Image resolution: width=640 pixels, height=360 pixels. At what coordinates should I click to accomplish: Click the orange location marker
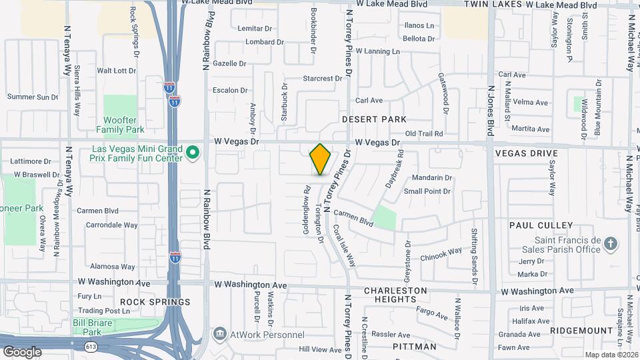pyautogui.click(x=320, y=159)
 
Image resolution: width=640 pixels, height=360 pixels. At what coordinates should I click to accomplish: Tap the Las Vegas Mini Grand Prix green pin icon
pyautogui.click(x=193, y=153)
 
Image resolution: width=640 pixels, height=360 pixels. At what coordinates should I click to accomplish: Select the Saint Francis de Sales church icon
pyautogui.click(x=611, y=245)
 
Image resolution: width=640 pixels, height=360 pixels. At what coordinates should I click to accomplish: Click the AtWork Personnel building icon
pyautogui.click(x=219, y=333)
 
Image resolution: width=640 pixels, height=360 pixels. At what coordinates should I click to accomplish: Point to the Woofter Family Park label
pyautogui.click(x=120, y=125)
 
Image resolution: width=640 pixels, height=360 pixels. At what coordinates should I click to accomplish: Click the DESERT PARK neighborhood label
pyautogui.click(x=374, y=119)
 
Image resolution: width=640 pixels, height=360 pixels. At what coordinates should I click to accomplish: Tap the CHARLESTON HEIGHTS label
pyautogui.click(x=395, y=295)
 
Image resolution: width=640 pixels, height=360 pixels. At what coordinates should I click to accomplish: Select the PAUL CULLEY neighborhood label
pyautogui.click(x=541, y=225)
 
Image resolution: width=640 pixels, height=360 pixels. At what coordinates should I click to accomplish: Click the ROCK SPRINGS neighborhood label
pyautogui.click(x=155, y=302)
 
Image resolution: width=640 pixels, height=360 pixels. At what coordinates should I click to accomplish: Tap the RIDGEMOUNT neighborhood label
pyautogui.click(x=582, y=331)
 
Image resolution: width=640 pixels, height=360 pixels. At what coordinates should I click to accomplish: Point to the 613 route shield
pyautogui.click(x=91, y=346)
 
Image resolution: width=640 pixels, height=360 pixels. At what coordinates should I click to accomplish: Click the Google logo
pyautogui.click(x=21, y=351)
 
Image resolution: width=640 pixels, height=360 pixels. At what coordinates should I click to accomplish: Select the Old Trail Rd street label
pyautogui.click(x=424, y=134)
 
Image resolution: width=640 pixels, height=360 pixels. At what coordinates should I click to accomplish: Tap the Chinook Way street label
pyautogui.click(x=441, y=253)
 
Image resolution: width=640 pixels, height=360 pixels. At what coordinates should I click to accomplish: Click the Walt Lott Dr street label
pyautogui.click(x=116, y=70)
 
